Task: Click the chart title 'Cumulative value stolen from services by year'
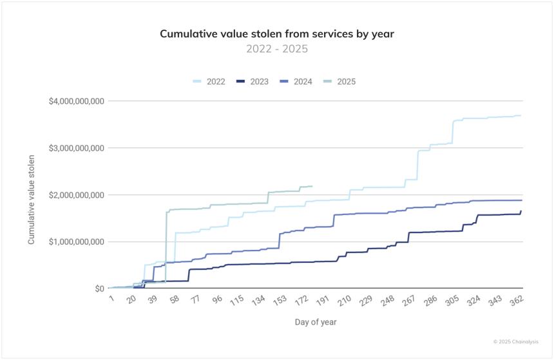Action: click(x=276, y=33)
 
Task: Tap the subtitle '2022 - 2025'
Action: click(x=276, y=49)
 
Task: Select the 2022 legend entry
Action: click(x=209, y=81)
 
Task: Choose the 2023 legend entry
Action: click(x=252, y=81)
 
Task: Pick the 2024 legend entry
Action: click(x=296, y=81)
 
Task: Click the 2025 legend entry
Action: click(x=339, y=81)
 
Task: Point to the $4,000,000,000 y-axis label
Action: click(x=76, y=101)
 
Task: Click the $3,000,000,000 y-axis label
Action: click(x=76, y=148)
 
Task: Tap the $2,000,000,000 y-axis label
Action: click(x=76, y=195)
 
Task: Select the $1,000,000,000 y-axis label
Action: click(x=76, y=242)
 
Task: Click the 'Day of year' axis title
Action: click(x=316, y=321)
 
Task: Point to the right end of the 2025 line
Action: click(x=312, y=186)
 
